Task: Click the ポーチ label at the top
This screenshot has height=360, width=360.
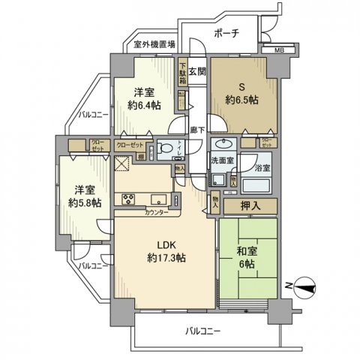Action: pyautogui.click(x=226, y=33)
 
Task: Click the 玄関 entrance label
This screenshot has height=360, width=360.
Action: pyautogui.click(x=196, y=72)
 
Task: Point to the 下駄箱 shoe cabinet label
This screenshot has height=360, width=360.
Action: pyautogui.click(x=182, y=72)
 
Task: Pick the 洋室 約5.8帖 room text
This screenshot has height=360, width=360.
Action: pyautogui.click(x=84, y=197)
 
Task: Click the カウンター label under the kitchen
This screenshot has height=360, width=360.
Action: pyautogui.click(x=157, y=212)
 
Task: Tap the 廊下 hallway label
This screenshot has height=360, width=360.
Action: pyautogui.click(x=194, y=129)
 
